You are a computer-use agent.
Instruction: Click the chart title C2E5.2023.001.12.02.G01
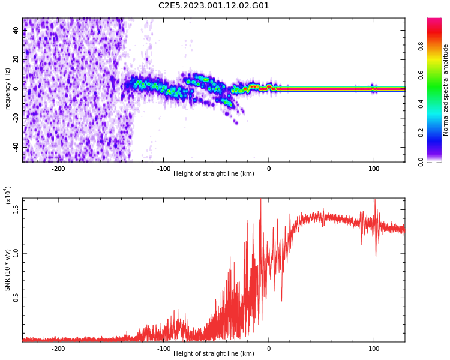coord(214,5)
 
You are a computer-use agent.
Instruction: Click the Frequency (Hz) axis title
coord(7,90)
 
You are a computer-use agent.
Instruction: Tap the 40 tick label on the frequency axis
coord(16,31)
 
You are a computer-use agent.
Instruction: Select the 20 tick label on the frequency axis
coord(16,59)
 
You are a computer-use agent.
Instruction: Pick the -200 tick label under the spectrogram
coord(58,169)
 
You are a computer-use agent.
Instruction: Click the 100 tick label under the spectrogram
coord(374,169)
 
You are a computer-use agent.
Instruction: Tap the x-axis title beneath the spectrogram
coord(214,173)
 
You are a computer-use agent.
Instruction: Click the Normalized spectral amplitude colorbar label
coord(445,90)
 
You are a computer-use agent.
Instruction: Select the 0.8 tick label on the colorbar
coord(421,46)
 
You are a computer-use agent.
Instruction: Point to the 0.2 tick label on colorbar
coord(421,133)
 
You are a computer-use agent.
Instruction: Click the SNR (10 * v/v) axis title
coord(7,270)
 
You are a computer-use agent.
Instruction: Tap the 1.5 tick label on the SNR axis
coord(16,209)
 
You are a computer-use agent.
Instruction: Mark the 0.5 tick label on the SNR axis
coord(16,298)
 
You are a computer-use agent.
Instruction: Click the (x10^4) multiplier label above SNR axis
coord(7,195)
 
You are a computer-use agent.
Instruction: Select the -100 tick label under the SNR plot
coord(164,349)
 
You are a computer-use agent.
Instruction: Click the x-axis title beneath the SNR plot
coord(214,353)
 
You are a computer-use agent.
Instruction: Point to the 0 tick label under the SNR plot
coord(269,349)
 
